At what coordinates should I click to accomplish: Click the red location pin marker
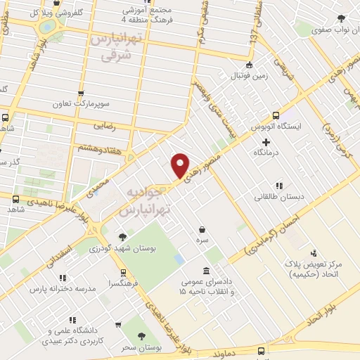coord(180,166)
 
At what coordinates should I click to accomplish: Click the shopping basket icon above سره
coord(202,229)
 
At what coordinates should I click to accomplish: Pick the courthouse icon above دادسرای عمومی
coord(206,271)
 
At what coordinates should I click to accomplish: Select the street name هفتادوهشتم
coord(97,148)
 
